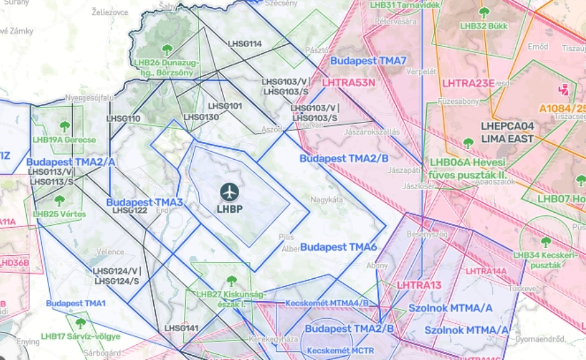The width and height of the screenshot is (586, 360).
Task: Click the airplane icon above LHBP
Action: click(229, 192)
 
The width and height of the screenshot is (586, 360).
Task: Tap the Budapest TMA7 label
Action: click(368, 61)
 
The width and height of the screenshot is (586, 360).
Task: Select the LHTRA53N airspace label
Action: click(348, 82)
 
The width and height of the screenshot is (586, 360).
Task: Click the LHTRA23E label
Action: click(467, 83)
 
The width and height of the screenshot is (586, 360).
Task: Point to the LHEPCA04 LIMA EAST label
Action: click(507, 133)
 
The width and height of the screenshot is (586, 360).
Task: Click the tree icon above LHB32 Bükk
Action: click(484, 12)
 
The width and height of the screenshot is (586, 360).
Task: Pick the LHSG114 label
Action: click(244, 44)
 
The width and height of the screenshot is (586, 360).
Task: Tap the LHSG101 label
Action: click(225, 106)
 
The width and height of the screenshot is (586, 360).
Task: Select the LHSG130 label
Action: click(201, 117)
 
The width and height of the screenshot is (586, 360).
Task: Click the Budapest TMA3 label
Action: click(144, 202)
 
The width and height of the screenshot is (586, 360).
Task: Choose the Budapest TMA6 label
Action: click(339, 247)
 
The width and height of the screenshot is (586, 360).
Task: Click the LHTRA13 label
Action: click(419, 285)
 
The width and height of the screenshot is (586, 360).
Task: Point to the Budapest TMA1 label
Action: click(75, 304)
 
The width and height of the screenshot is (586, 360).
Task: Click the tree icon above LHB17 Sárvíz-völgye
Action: click(81, 323)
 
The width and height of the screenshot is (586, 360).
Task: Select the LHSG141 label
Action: click(181, 328)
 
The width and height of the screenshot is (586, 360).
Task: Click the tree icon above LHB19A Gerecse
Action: click(64, 126)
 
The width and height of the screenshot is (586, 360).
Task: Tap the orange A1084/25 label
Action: click(562, 107)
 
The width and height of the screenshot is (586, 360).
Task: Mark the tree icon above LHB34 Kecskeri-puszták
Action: click(546, 242)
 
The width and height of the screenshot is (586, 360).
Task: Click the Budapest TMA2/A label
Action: click(71, 162)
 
